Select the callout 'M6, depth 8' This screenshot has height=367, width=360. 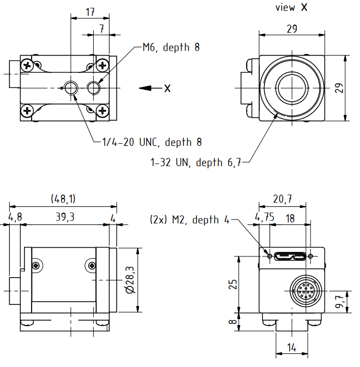tap(171, 47)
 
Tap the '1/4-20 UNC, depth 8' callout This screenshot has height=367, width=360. tap(152, 143)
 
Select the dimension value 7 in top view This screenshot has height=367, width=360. tap(101, 28)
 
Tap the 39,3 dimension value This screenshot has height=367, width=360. tap(64, 217)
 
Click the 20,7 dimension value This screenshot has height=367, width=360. tap(282, 200)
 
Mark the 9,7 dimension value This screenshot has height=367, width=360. tap(339, 301)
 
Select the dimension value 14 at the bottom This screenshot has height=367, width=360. tap(292, 348)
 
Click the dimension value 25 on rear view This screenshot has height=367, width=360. tap(233, 284)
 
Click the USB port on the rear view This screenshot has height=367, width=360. tap(290, 255)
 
